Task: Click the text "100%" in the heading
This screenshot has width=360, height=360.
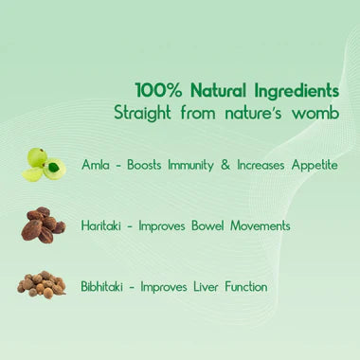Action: click(154, 91)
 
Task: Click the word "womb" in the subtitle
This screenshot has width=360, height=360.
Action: click(315, 113)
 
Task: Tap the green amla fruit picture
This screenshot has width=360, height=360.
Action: click(44, 164)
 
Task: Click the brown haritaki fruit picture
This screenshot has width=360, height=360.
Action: click(43, 225)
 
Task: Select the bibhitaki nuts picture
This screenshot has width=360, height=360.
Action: click(43, 284)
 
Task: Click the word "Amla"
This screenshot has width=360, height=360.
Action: click(97, 164)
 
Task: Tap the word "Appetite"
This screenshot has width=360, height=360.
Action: click(310, 165)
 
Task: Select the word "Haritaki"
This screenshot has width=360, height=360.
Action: click(104, 225)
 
